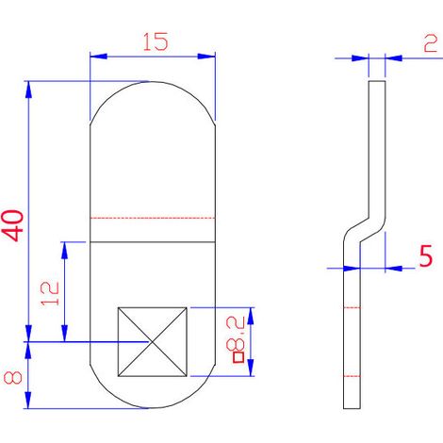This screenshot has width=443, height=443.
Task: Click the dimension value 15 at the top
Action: [x=156, y=41]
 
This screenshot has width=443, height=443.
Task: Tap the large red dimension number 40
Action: [x=13, y=225]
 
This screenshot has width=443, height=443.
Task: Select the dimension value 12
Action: [x=50, y=293]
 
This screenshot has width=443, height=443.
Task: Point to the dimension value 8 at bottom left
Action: [x=13, y=378]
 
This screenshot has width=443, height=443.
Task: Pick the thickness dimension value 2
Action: [x=430, y=43]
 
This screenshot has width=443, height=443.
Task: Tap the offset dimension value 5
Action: [x=426, y=256]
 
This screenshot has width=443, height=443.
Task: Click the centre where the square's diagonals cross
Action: [x=153, y=341]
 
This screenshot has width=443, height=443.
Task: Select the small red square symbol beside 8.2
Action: [x=238, y=357]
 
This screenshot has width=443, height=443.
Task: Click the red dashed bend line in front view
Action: [x=153, y=218]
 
